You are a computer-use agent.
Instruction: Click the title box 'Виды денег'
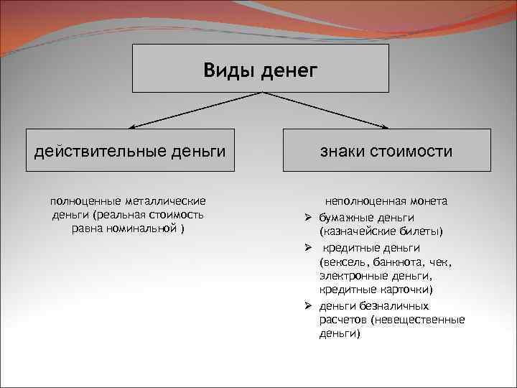(260, 69)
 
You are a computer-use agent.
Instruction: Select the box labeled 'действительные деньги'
(130, 150)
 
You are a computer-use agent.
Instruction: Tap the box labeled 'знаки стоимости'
(386, 150)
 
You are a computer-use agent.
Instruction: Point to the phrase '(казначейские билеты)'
(381, 231)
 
